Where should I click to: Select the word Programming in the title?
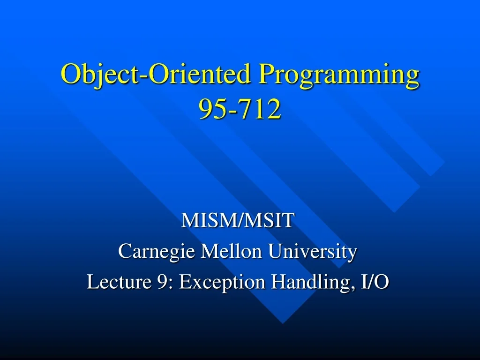pyautogui.click(x=339, y=75)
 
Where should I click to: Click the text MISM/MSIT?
pyautogui.click(x=237, y=221)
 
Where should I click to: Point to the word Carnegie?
pyautogui.click(x=157, y=252)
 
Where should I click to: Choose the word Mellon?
pyautogui.click(x=231, y=252)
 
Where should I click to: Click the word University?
pyautogui.click(x=312, y=252)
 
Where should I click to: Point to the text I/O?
pyautogui.click(x=375, y=282)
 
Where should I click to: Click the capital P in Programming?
pyautogui.click(x=266, y=75)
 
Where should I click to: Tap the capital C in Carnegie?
pyautogui.click(x=124, y=252)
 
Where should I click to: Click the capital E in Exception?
pyautogui.click(x=184, y=282)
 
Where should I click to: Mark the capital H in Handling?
pyautogui.click(x=279, y=282)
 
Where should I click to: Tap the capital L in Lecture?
pyautogui.click(x=92, y=282)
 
